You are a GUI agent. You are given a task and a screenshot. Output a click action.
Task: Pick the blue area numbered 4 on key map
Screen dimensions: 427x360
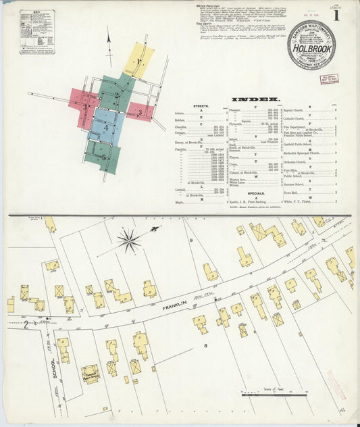coord(106,127)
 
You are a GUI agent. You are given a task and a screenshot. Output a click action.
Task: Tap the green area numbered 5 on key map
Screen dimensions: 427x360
coord(103,157)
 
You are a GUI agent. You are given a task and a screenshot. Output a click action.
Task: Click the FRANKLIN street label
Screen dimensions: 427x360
coord(174,308)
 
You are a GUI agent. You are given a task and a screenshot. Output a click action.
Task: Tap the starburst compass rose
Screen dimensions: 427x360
coord(128,241)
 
